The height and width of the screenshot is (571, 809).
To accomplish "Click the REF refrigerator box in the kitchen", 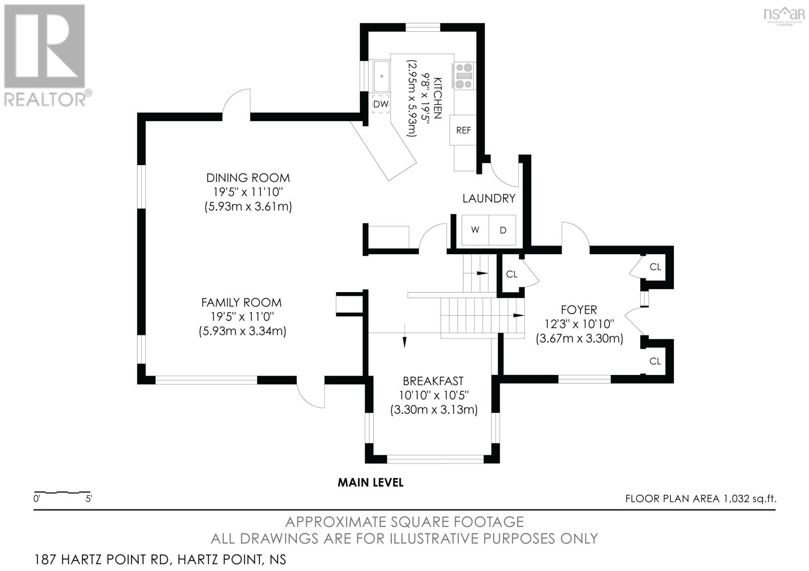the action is click(x=463, y=130).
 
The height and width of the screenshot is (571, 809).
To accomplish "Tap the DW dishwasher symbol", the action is click(x=381, y=104).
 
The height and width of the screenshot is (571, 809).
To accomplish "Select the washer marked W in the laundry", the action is click(x=475, y=230).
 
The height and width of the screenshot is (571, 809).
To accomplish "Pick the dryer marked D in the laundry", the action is click(x=503, y=230).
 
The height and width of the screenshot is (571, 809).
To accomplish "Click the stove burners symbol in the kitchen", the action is click(x=464, y=76).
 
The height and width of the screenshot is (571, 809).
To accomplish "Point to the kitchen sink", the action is click(x=381, y=76).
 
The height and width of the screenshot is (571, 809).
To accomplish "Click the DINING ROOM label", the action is click(x=248, y=177).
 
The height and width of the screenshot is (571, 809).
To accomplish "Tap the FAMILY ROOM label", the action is click(x=241, y=302).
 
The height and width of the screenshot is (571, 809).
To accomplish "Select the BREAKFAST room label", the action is click(x=433, y=381).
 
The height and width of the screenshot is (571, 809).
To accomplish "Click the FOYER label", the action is click(x=579, y=310).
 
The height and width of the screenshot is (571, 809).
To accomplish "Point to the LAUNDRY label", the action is click(x=489, y=198).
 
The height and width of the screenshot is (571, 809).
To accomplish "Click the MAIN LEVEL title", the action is click(x=371, y=483).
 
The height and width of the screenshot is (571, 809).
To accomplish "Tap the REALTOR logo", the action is click(x=47, y=56).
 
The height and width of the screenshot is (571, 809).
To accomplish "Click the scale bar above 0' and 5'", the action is click(x=62, y=492).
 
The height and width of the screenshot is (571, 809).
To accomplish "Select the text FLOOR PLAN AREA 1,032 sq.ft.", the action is click(x=701, y=499).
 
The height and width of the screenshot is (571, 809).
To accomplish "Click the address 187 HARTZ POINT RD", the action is click(x=102, y=560).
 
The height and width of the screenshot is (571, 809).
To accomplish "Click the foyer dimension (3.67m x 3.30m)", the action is click(x=579, y=339).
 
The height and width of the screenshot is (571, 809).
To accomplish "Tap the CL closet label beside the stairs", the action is click(x=512, y=274).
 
